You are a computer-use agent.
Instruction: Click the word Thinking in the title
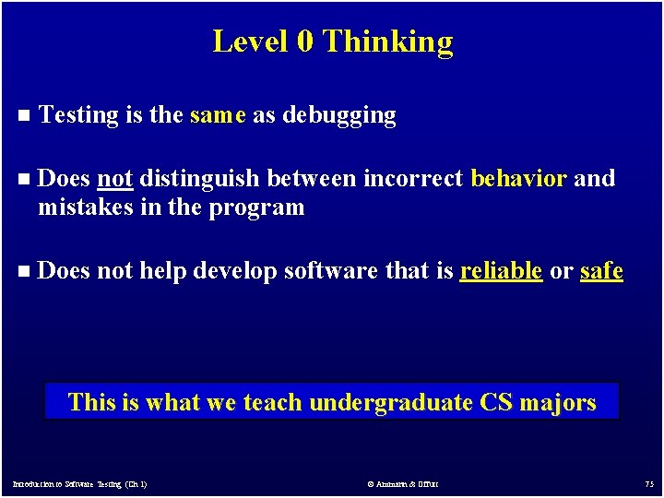(388, 41)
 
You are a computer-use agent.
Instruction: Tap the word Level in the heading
(250, 41)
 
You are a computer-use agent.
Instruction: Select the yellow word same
(218, 115)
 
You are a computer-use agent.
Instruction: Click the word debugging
(338, 115)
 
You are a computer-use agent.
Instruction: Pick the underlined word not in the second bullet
(114, 178)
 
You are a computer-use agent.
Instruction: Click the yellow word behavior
(518, 178)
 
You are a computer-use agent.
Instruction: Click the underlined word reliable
(500, 271)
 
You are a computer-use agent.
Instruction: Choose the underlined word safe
(601, 271)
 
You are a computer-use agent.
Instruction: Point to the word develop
(234, 272)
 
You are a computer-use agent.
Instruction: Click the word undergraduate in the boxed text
(391, 403)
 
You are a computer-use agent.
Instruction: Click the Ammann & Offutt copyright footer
(403, 484)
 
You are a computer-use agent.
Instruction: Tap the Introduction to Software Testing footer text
(79, 484)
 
